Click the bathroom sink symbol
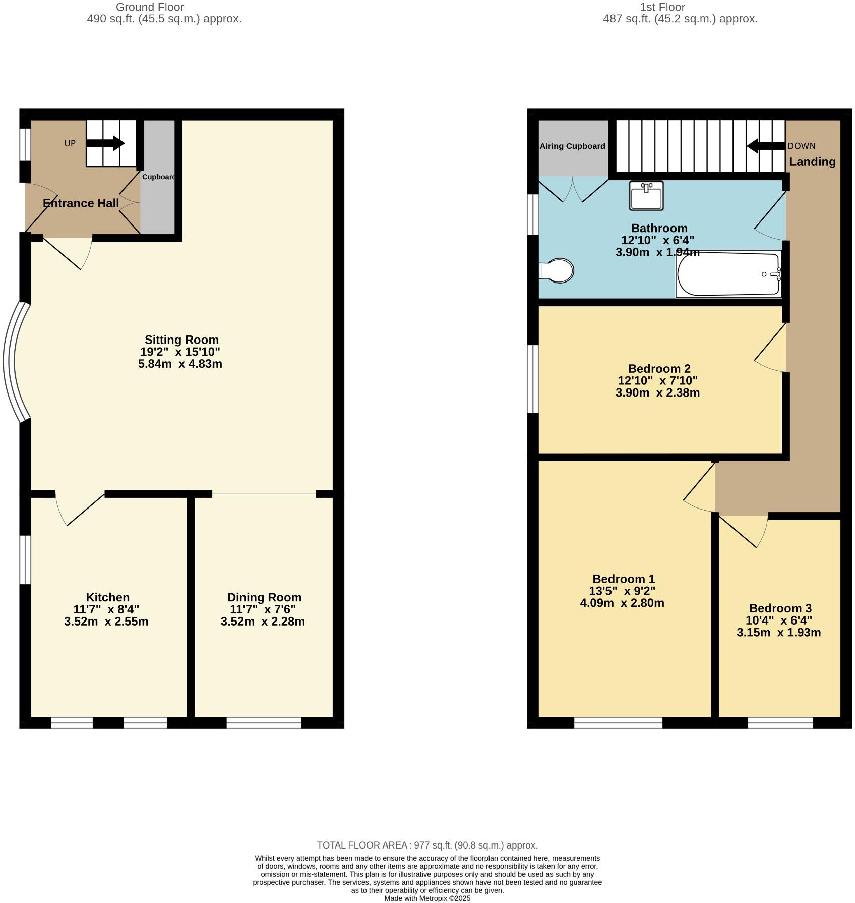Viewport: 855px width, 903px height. pos(646,196)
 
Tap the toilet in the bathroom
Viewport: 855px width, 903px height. pos(557,271)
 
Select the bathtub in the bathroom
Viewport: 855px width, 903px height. pos(728,274)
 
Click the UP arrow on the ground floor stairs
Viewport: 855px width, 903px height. pos(105,143)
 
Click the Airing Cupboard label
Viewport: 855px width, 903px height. pos(572,146)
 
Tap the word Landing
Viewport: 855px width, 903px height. pos(812,162)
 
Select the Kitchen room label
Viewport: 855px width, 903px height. pos(107,597)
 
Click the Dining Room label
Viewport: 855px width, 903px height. pos(264,597)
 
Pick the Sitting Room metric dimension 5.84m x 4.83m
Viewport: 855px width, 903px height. pos(180,364)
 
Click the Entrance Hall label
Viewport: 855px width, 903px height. pos(81,203)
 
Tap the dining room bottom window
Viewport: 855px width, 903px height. pos(264,723)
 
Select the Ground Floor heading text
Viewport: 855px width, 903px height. pos(150,7)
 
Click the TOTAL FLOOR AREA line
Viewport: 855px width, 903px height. pos(427,845)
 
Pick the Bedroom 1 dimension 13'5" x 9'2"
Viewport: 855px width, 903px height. pos(622,591)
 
